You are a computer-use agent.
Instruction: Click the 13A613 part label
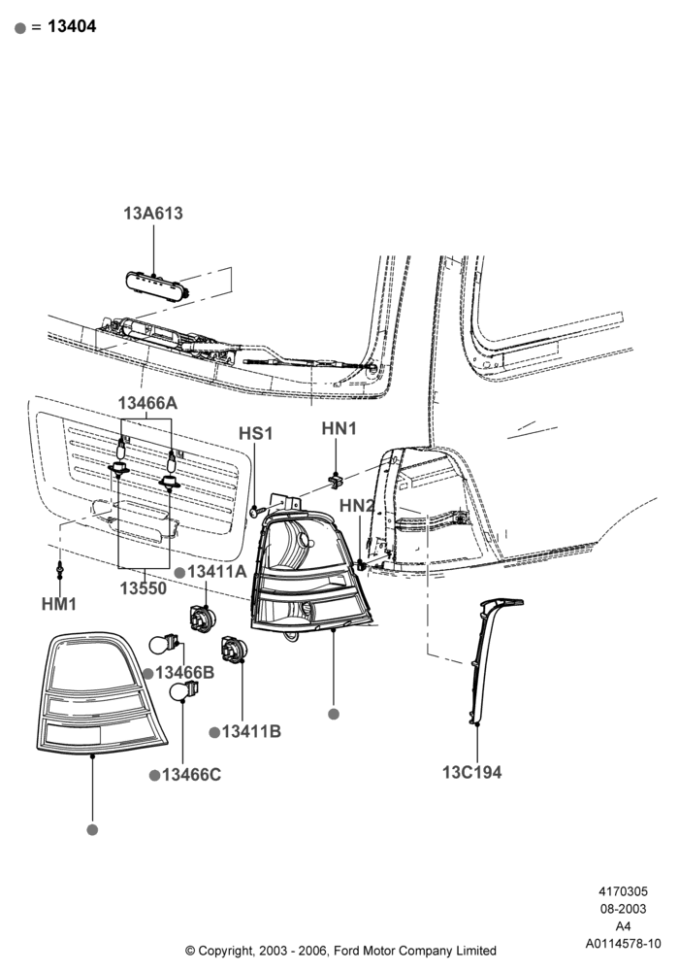point(152,213)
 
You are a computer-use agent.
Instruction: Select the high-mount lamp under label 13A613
point(156,285)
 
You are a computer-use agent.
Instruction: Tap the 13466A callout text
point(147,403)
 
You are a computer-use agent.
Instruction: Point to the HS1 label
point(255,433)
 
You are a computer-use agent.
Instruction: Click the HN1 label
point(339,428)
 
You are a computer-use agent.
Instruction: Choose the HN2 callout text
point(357,505)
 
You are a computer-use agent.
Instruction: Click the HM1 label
point(59,603)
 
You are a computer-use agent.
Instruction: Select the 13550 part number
point(144,587)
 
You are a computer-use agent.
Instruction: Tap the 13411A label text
point(216,572)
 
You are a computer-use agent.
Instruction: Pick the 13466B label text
point(184,673)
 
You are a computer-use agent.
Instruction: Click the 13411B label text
point(251,731)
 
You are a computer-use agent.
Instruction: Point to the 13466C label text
point(191,775)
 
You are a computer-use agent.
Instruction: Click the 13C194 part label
point(471,772)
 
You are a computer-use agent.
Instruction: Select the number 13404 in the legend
point(72,26)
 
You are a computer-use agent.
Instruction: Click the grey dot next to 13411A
point(179,573)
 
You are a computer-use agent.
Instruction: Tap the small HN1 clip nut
point(336,478)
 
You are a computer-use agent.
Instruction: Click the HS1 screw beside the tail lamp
point(257,511)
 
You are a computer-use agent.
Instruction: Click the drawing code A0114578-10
point(624,943)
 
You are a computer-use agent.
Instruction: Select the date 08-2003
point(624,909)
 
